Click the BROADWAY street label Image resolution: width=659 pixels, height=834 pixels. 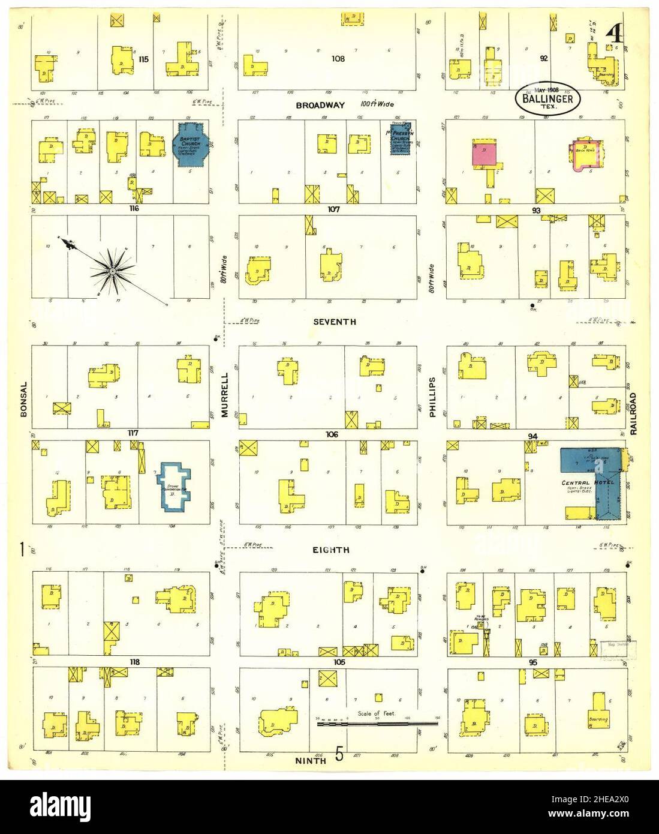(320, 105)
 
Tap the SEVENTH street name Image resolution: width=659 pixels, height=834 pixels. (335, 322)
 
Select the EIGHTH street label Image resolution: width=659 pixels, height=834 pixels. (330, 550)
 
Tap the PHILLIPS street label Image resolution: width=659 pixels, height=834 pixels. (432, 397)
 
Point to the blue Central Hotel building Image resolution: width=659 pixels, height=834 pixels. (591, 474)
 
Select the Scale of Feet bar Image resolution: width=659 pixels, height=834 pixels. (378, 724)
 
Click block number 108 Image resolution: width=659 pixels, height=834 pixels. (339, 59)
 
